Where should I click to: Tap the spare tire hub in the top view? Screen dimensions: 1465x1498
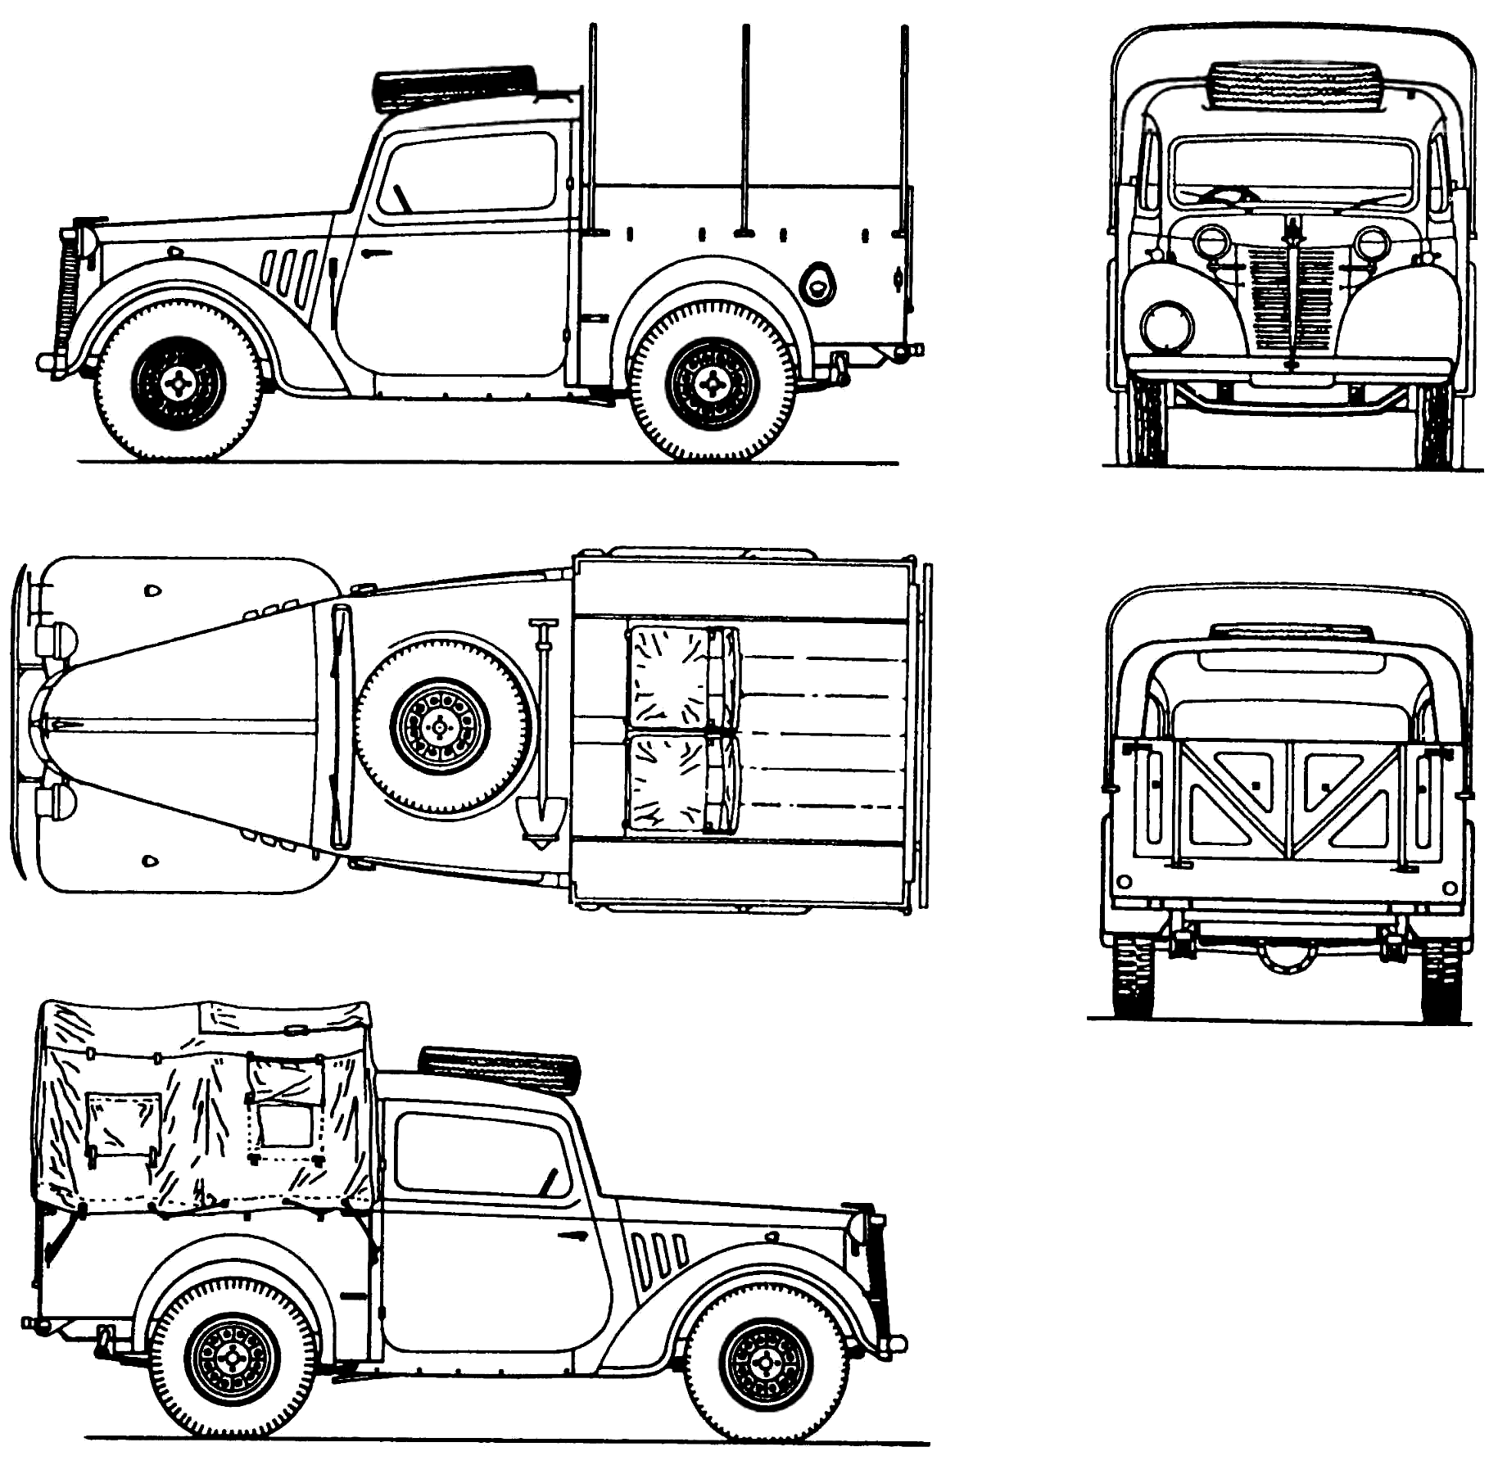pos(441,726)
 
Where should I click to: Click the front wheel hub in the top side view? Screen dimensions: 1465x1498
pos(179,382)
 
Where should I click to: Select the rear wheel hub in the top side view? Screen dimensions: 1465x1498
pos(712,384)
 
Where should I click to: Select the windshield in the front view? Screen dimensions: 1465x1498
pos(1292,174)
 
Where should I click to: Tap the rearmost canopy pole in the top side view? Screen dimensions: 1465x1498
pos(904,131)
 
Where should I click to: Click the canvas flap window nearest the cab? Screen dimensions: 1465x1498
pos(286,1106)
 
